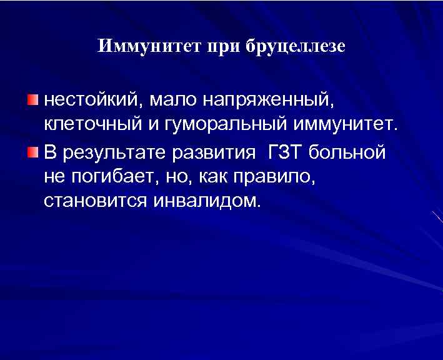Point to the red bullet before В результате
click(x=32, y=152)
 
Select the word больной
click(x=349, y=152)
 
